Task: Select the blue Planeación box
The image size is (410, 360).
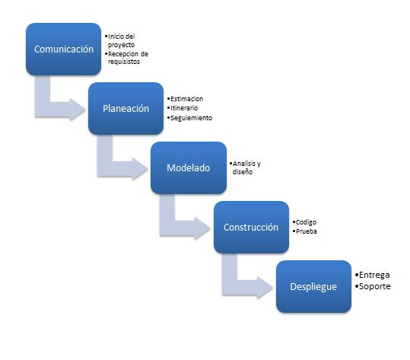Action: click(126, 109)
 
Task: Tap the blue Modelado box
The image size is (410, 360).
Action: click(188, 168)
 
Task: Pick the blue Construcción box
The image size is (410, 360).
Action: click(251, 228)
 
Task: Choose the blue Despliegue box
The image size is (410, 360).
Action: click(313, 286)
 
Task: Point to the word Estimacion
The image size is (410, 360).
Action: click(186, 99)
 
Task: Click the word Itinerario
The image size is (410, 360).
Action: click(185, 108)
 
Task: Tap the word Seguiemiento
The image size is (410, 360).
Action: click(190, 118)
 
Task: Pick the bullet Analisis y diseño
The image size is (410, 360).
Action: click(248, 168)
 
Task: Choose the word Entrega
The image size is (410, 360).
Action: click(374, 274)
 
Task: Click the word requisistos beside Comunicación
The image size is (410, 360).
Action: click(124, 62)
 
